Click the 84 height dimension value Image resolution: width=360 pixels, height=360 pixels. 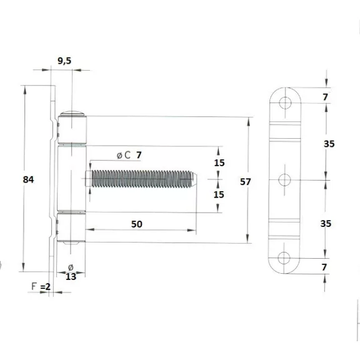click(28, 179)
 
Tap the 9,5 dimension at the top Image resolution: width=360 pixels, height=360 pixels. click(64, 61)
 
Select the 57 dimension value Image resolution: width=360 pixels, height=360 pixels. click(246, 182)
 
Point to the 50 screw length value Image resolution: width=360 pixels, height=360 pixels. click(137, 224)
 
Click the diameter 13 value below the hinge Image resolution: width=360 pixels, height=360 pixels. click(71, 276)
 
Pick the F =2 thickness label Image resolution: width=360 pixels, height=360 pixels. click(41, 286)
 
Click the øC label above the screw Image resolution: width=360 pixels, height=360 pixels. click(124, 155)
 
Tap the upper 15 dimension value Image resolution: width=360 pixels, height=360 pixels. click(219, 162)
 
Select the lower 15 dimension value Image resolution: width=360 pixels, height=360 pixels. click(219, 194)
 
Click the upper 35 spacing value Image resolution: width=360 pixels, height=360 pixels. click(329, 144)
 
